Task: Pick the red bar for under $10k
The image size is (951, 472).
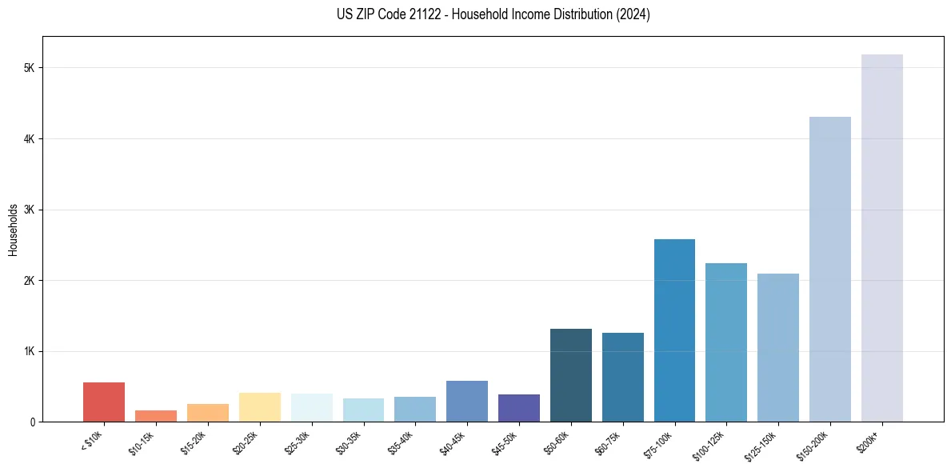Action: [x=104, y=402]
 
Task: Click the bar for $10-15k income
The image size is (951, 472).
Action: [x=156, y=416]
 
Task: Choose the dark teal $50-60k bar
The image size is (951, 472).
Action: [x=571, y=375]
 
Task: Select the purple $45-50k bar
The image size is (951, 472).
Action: [x=519, y=408]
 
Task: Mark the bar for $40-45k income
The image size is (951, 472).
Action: [x=467, y=402]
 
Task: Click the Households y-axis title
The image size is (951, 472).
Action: [x=13, y=230]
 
